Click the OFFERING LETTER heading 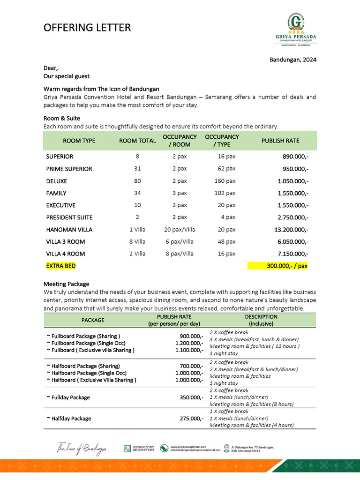87,28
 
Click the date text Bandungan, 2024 292,60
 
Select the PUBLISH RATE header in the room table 280,141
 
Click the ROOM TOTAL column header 137,141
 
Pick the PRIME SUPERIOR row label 69,169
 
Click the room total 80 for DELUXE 137,181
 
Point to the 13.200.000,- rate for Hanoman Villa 291,230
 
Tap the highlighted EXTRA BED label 60,266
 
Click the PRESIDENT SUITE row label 69,217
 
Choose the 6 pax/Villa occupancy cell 180,242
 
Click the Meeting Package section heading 66,284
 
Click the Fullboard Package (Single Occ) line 86,343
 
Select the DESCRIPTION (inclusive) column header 261,320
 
